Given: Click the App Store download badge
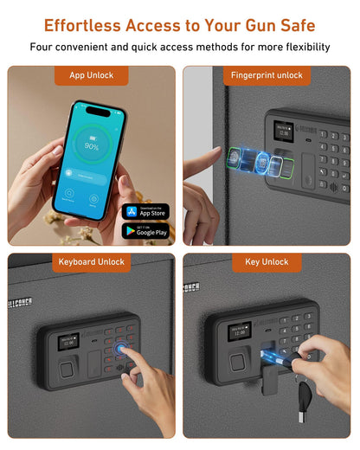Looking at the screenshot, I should tap(145, 211).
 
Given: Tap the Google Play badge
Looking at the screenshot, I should tap(145, 231).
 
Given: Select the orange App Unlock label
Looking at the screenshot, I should tap(92, 75).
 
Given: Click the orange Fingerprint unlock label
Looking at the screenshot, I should tap(267, 75).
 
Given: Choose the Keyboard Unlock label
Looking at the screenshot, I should tap(92, 261).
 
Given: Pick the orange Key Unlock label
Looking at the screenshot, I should tap(267, 261).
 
